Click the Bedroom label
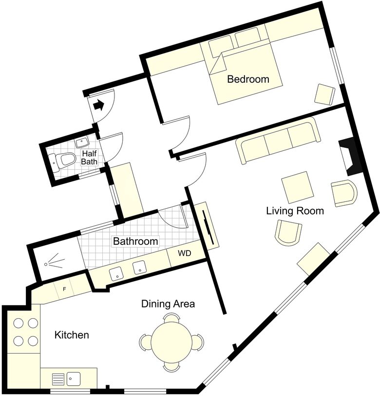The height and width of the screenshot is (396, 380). coord(248,79)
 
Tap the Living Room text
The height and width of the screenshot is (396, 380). coord(295,211)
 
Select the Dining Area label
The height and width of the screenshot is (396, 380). coord(168,304)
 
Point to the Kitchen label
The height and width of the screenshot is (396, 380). coord(72,335)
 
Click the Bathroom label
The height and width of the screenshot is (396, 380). coord(135,241)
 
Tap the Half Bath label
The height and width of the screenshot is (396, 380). coord(89,157)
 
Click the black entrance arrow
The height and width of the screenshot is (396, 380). coord(98,105)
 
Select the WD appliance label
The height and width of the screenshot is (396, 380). coord(185,253)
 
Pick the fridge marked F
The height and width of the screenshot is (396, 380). coord(64,289)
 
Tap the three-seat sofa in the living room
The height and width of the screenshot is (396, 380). coord(278,141)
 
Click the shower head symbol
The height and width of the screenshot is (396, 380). coord(54,261)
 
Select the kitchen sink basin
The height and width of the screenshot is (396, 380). coord(73,379)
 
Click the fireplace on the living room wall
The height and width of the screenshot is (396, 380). coord(350,157)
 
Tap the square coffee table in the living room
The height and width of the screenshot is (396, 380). coord(297,187)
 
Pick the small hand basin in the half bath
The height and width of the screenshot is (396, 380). coord(82,143)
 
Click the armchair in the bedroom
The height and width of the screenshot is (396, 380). coord(325,95)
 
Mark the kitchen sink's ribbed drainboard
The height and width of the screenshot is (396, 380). coord(58,379)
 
